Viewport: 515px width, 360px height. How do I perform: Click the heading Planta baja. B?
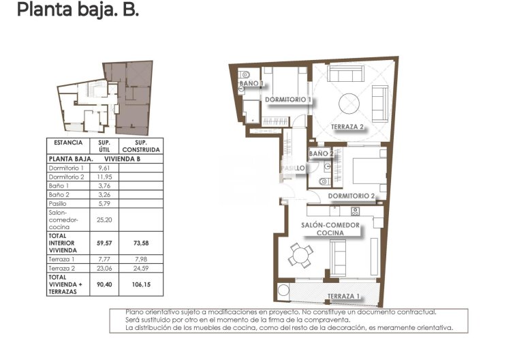pyautogui.click(x=78, y=11)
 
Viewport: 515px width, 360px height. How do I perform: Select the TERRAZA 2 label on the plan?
pyautogui.click(x=348, y=127)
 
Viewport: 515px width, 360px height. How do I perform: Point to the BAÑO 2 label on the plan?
pyautogui.click(x=322, y=154)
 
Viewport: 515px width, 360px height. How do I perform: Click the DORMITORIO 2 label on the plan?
pyautogui.click(x=352, y=196)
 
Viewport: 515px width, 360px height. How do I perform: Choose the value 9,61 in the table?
pyautogui.click(x=104, y=168)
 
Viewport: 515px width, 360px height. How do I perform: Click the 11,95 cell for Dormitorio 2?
pyautogui.click(x=104, y=177)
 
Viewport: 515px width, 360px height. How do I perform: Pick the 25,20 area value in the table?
pyautogui.click(x=104, y=220)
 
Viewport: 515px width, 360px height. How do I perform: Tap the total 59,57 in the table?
pyautogui.click(x=104, y=243)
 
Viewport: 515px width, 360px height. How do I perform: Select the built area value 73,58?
pyautogui.click(x=141, y=243)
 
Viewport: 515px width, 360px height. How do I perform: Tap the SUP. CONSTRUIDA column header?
pyautogui.click(x=141, y=145)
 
